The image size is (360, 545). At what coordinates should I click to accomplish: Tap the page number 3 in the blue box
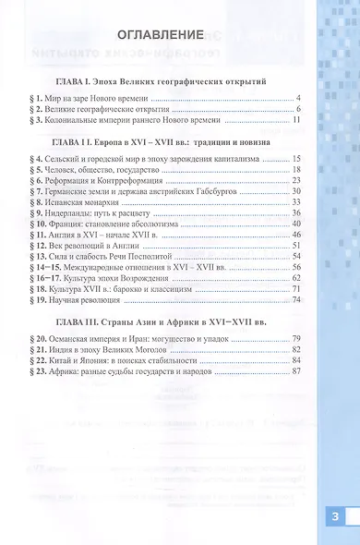point(336,517)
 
